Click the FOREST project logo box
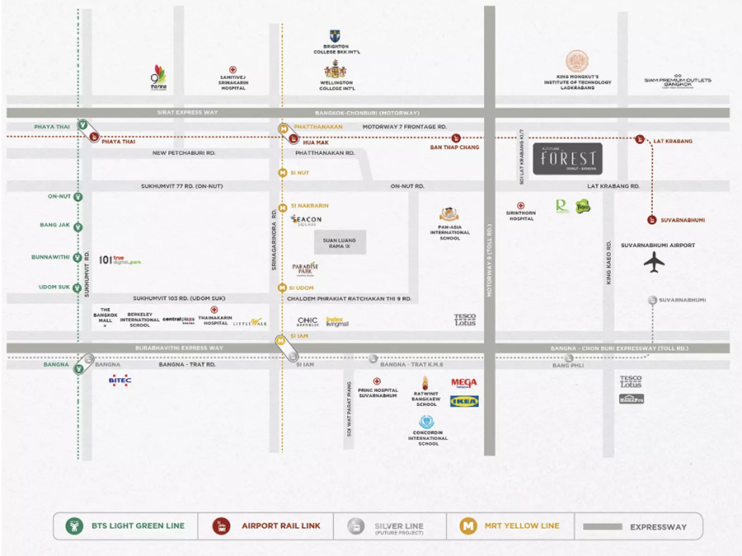coord(568,158)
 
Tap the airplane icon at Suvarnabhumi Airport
coord(654,263)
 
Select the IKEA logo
coord(464,401)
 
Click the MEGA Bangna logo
coord(464,383)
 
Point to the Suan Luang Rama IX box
coord(339,242)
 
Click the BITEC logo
coord(120,380)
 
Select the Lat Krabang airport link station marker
coord(640,139)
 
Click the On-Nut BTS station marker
coord(78,197)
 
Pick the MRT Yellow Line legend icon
coord(468,526)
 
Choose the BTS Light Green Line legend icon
coord(75,526)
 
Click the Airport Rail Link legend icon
coord(221,526)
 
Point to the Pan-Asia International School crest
coord(449,215)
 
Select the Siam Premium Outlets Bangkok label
coord(678,82)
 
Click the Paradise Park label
coord(305,268)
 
